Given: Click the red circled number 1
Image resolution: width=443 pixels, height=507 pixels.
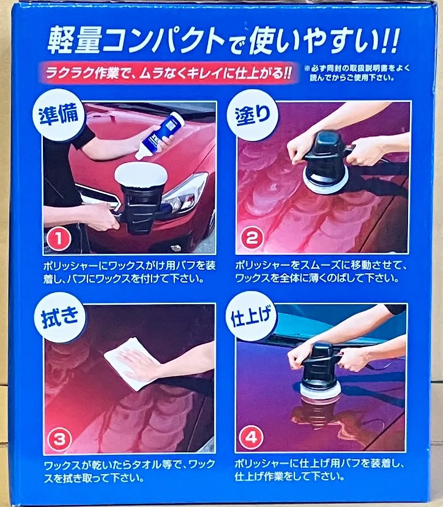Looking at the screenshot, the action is point(59,239).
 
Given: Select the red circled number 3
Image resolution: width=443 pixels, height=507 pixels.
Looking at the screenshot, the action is point(59,440).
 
